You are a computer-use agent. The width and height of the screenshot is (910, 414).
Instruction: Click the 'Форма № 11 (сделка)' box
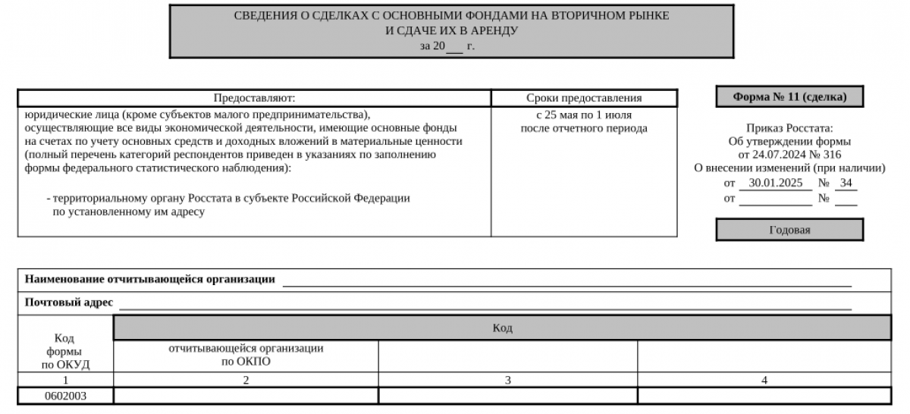tap(789, 97)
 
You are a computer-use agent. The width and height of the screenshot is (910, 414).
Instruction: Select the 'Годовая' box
tap(789, 230)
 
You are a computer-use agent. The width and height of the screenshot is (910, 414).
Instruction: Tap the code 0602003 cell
tap(67, 395)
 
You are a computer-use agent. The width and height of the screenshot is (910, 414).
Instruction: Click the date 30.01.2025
tap(775, 183)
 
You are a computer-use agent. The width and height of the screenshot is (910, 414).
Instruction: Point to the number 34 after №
tap(846, 183)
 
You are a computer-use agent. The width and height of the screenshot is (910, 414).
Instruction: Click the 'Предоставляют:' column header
tap(254, 98)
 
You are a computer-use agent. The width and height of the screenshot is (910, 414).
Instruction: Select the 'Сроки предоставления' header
tap(584, 98)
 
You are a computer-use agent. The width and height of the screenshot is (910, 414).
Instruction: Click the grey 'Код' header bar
tap(502, 328)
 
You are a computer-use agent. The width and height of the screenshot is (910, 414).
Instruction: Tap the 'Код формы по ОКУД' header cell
tap(65, 351)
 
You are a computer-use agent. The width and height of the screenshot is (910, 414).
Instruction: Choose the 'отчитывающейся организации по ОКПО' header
tap(246, 355)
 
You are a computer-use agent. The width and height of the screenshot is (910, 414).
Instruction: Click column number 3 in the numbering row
tap(507, 380)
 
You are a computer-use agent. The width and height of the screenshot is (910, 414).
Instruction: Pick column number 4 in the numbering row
tap(764, 380)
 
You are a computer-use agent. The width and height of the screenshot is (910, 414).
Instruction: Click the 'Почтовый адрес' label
tap(69, 303)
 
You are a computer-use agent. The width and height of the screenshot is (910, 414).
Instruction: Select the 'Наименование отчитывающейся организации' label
tap(150, 279)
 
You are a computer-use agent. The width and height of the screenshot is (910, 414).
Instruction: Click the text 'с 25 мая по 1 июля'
tap(584, 115)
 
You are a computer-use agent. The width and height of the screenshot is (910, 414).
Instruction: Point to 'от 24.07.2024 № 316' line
tap(789, 155)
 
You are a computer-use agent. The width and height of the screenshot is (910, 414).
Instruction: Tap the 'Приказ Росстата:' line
tap(789, 128)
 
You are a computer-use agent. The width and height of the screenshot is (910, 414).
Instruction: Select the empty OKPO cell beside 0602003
tap(246, 395)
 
